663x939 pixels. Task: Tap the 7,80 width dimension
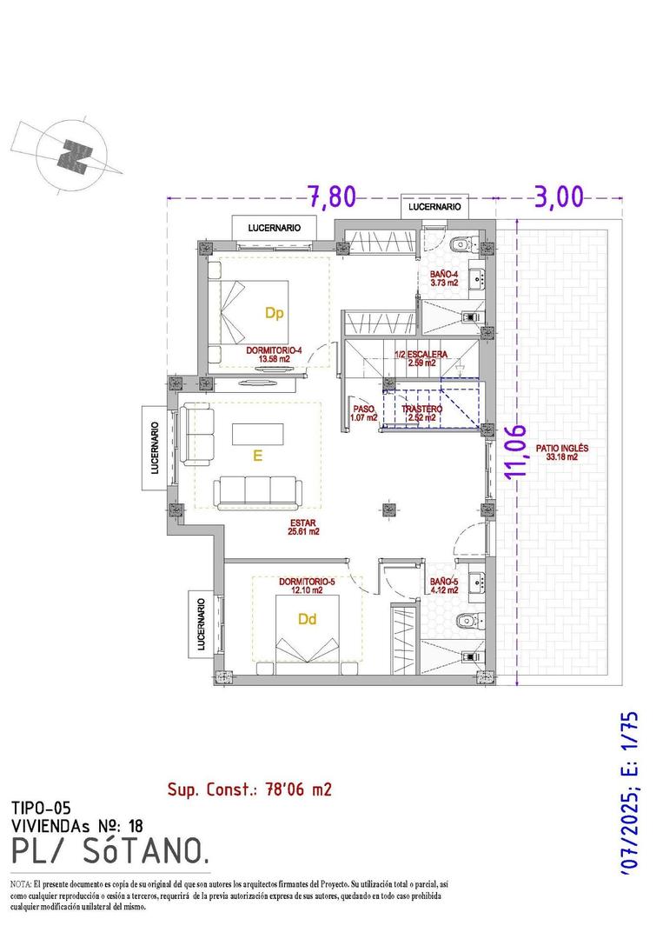point(332,196)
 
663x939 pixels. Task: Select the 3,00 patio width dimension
point(558,196)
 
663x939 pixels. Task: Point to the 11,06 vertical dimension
point(519,451)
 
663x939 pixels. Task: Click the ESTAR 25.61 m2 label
point(306,527)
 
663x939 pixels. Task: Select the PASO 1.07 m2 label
point(363,412)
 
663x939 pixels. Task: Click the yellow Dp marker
point(275,310)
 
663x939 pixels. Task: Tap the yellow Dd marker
point(306,620)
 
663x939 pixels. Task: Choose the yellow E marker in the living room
point(257,453)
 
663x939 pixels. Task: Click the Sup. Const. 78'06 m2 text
point(249,789)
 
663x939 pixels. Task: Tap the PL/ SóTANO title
point(110,851)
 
